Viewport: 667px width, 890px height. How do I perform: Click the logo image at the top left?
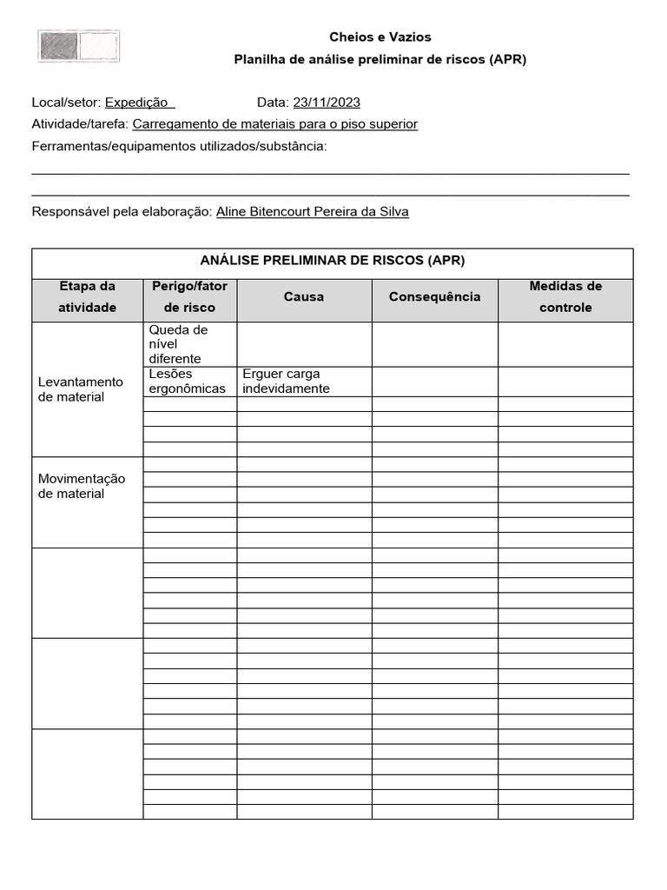click(78, 46)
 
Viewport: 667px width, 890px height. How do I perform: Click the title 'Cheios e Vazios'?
click(380, 37)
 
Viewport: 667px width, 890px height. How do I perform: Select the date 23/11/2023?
click(327, 103)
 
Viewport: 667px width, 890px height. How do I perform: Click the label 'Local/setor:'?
click(66, 103)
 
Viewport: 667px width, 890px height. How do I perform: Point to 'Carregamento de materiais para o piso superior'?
click(275, 124)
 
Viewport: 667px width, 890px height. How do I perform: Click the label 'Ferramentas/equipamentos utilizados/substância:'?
click(179, 146)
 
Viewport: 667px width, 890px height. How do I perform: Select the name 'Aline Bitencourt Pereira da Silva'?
click(312, 211)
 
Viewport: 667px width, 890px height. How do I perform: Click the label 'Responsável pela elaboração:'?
click(122, 211)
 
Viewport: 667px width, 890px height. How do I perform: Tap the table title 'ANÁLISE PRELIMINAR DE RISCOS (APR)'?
click(333, 261)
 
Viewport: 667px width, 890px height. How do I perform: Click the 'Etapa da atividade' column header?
click(87, 296)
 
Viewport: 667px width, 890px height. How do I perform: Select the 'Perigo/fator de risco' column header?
click(189, 296)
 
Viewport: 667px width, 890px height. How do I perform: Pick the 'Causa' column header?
click(304, 297)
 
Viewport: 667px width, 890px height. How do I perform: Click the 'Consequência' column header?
click(434, 297)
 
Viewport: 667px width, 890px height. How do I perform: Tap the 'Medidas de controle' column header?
click(565, 296)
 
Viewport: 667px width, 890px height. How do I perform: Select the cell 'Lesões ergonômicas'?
click(187, 382)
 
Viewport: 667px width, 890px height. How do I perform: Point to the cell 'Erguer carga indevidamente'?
click(286, 382)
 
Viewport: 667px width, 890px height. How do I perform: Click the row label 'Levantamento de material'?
click(81, 389)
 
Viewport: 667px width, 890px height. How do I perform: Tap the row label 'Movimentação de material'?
click(82, 487)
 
